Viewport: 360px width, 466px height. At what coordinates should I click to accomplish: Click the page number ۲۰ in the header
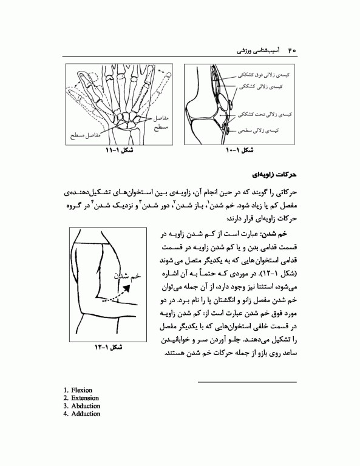tap(291, 48)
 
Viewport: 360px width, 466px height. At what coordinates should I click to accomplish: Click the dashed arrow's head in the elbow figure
tap(134, 288)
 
